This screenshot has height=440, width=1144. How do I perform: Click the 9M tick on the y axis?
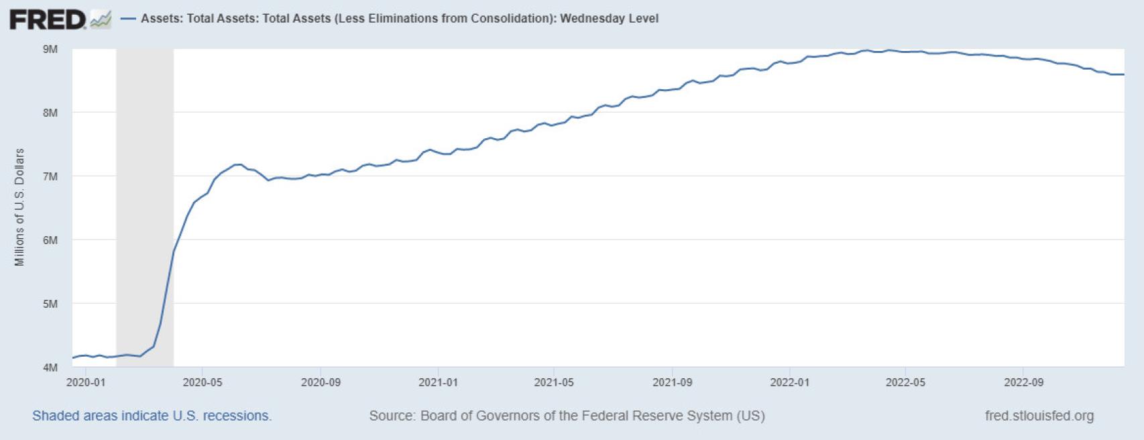50,49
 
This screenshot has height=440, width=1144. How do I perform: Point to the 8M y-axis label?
50,113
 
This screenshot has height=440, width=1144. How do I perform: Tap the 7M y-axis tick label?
50,176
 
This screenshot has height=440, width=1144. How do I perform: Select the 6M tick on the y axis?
50,240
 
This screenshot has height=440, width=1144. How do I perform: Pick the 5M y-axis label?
50,304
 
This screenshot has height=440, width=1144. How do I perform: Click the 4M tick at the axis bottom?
50,368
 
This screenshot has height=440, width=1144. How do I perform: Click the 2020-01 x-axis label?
86,382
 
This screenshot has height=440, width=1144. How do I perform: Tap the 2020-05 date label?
203,382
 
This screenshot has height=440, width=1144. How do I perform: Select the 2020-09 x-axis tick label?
321,382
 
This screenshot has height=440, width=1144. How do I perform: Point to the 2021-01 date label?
438,382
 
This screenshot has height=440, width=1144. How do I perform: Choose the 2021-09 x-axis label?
673,382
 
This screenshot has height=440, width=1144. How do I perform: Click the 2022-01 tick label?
790,382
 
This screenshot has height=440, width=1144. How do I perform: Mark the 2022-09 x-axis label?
1023,382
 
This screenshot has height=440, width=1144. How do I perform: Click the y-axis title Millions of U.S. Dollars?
19,207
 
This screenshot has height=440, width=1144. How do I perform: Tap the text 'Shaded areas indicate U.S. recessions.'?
152,416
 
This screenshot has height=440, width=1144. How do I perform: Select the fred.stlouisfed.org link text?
1039,416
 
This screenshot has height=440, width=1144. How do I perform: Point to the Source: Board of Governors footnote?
567,416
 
